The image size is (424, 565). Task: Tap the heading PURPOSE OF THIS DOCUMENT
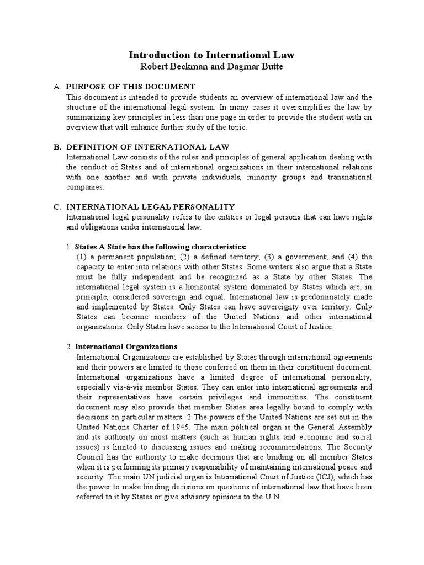point(130,87)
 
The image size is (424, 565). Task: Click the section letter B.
point(56,146)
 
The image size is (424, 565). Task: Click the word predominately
point(323,297)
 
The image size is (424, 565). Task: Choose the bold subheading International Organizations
point(126,347)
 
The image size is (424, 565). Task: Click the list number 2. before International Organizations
point(69,347)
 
